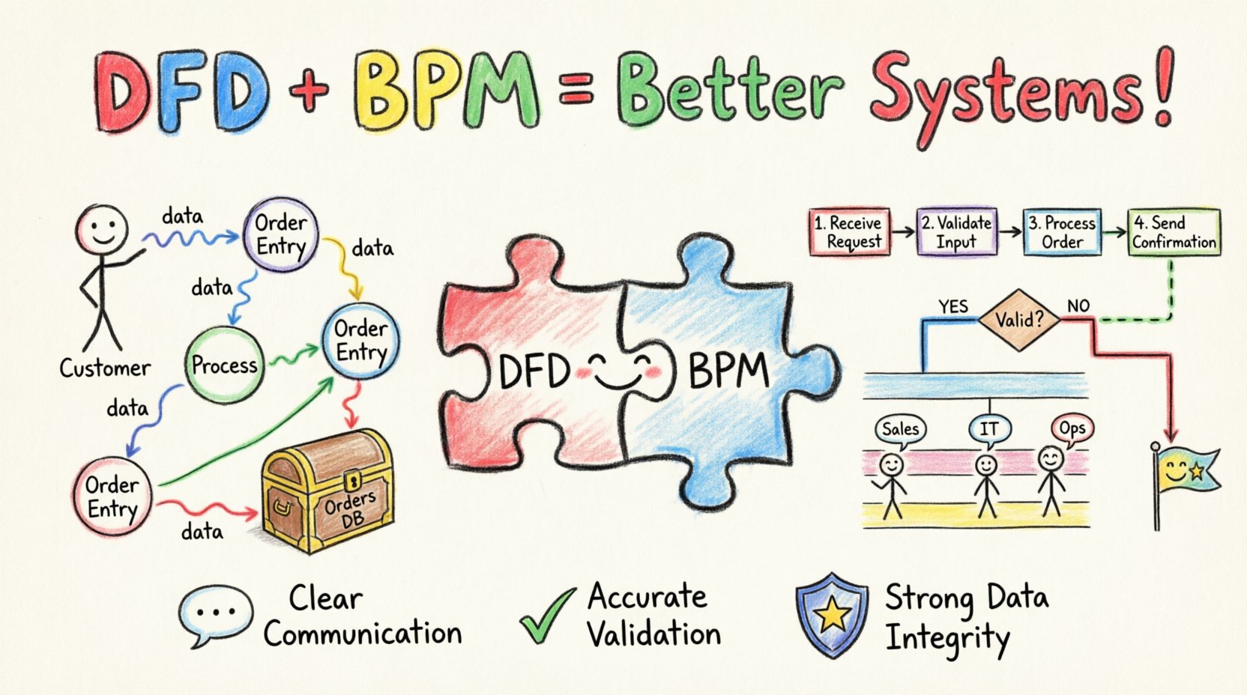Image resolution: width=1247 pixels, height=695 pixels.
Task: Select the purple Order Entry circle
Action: [280, 234]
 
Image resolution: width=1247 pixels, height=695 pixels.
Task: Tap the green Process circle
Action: [224, 365]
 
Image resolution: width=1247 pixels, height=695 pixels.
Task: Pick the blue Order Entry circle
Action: [360, 340]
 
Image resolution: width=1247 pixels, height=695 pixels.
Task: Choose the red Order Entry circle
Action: [112, 497]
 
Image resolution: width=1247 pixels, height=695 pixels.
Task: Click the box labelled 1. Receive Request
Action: [850, 232]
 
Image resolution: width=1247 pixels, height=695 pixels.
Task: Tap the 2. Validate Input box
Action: [957, 232]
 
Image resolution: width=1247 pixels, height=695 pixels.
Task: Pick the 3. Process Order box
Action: [1062, 232]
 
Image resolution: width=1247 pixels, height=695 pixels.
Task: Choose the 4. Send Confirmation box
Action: [1174, 232]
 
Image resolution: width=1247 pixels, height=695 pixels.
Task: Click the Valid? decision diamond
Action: [1018, 320]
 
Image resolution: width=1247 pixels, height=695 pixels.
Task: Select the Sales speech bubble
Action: [900, 429]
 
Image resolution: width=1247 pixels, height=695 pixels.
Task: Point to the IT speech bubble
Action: [989, 429]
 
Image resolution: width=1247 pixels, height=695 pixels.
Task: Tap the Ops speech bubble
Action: [1072, 429]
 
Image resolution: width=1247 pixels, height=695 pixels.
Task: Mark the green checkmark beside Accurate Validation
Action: [546, 616]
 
